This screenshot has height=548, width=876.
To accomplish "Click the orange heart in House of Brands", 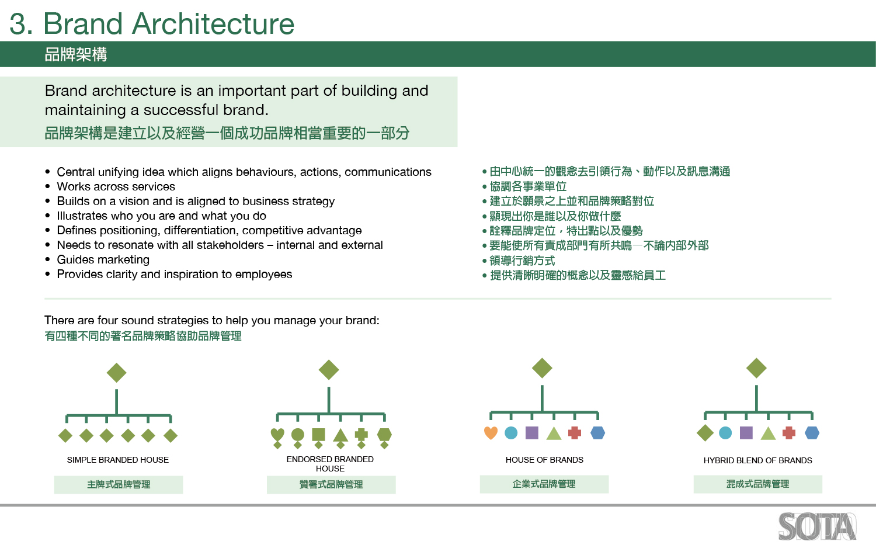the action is point(491,433).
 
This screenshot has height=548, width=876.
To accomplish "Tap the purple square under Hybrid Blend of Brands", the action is point(746,433).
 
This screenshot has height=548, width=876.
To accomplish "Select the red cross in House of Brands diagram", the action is point(575,433).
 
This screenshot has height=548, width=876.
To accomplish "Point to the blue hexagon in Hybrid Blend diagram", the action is point(812,433).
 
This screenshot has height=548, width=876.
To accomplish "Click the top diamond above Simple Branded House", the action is point(117,372).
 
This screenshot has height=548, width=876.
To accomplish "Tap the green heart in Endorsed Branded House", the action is point(277,435).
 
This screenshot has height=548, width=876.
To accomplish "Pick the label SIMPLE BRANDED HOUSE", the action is point(118,460).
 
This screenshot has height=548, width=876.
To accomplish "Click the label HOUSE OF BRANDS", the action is point(544,460).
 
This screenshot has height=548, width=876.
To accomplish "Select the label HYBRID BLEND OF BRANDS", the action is point(758,460).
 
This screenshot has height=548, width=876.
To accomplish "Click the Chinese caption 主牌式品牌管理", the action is point(119,485).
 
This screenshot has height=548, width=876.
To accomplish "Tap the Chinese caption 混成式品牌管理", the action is point(758,484).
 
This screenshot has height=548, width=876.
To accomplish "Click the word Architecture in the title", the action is point(213,23).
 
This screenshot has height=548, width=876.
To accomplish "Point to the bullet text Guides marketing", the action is point(103,260).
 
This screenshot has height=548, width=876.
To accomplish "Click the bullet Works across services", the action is point(116,186).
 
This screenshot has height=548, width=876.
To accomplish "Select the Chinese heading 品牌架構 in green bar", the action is point(76,54).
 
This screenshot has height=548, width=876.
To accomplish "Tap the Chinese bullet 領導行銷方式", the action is point(522,261).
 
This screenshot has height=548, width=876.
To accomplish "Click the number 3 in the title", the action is point(18,23).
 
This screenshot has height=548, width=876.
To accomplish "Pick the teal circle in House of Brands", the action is point(511,433).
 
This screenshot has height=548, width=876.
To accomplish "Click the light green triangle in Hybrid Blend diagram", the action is point(768,433).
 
